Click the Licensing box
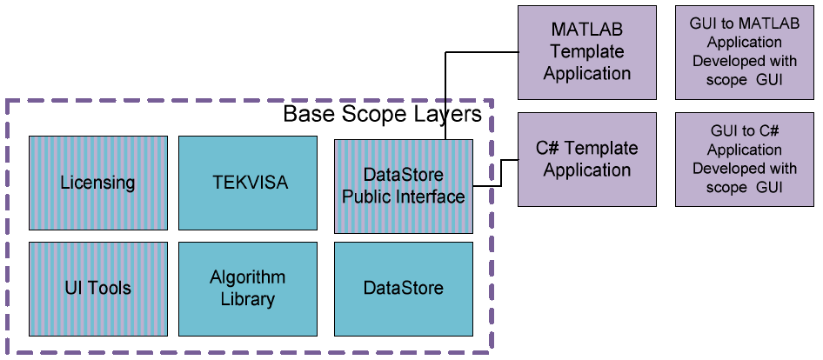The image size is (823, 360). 97,183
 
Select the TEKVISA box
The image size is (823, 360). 247,183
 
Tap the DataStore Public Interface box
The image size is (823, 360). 404,186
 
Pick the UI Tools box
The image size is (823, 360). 97,289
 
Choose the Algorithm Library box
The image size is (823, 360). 247,289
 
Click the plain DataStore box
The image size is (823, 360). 404,289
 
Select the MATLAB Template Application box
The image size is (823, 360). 586,52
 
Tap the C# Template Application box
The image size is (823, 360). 586,159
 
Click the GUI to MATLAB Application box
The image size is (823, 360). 744,52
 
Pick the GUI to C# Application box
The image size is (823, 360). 744,159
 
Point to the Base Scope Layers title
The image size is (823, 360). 383,115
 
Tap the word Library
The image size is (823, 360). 247,300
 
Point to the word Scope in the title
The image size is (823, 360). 367,115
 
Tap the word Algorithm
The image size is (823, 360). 247,278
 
